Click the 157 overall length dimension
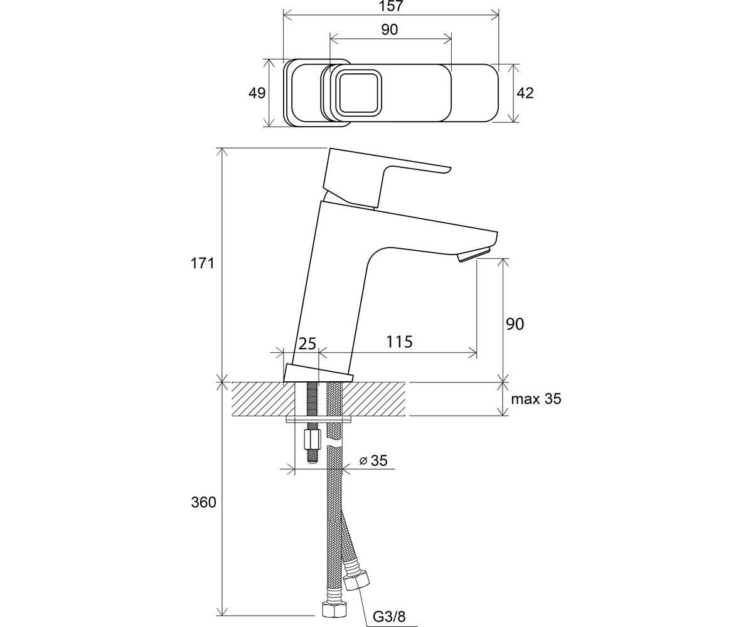point(392,6)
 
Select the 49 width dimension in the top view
point(257,93)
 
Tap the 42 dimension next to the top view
point(525,93)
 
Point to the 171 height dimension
point(202,263)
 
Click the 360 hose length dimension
point(203,502)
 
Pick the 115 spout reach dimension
point(399,341)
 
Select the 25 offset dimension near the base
point(307,344)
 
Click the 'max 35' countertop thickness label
point(537,399)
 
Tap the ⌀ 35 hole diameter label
point(373,460)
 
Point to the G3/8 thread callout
point(389,616)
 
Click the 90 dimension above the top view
point(390,29)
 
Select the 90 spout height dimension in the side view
point(515,324)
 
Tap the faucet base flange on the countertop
point(318,373)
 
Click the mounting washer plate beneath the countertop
point(319,420)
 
